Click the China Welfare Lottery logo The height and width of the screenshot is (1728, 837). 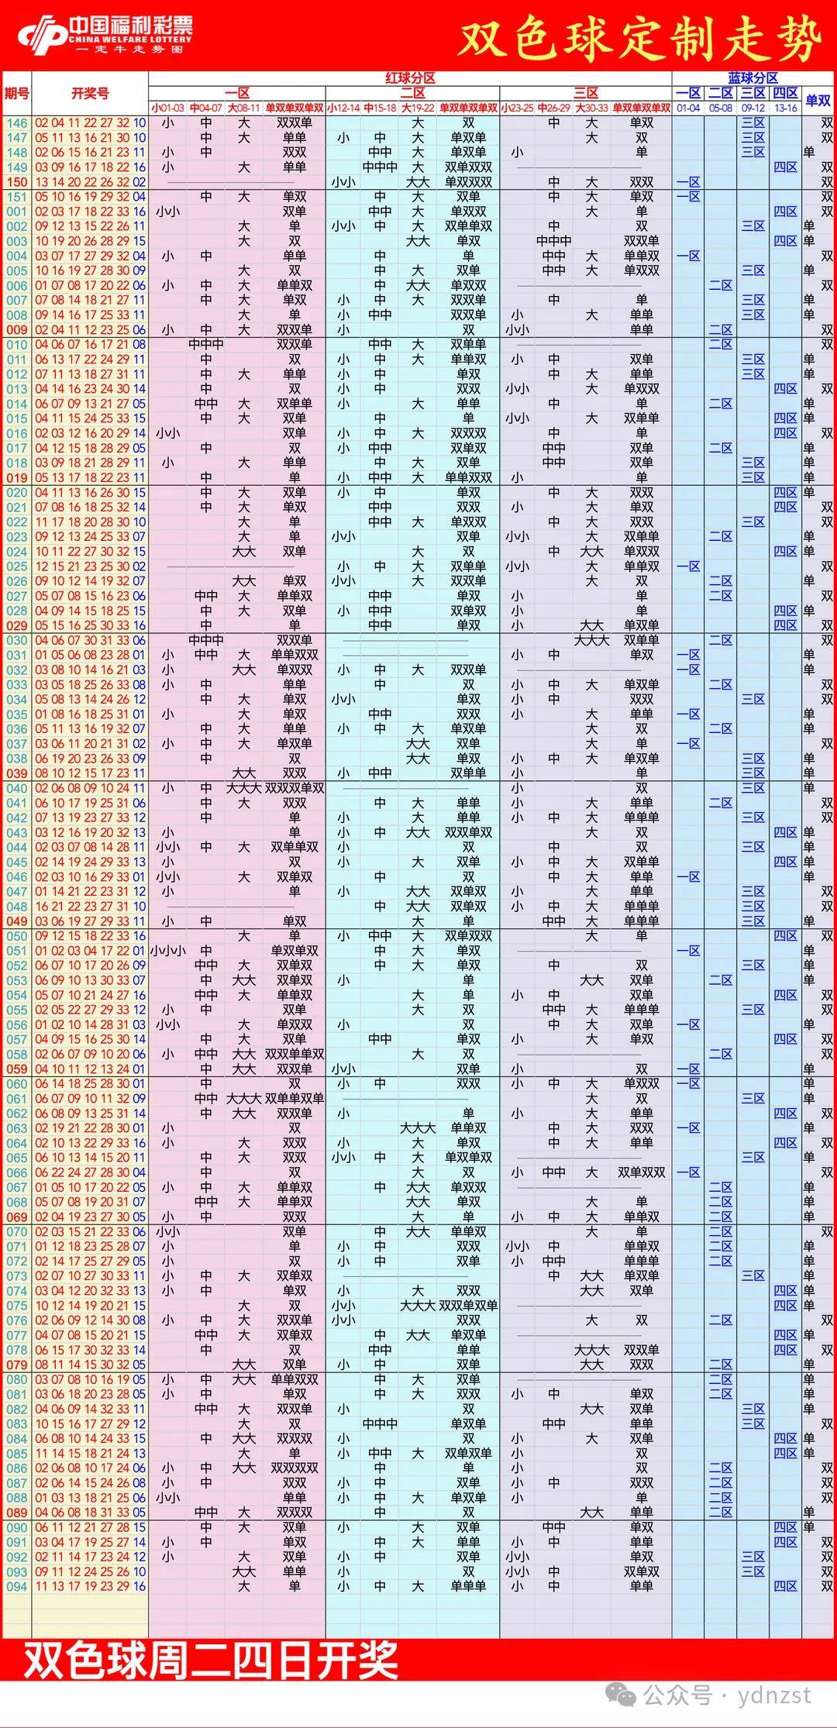(x=105, y=34)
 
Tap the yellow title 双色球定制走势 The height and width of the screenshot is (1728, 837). (x=639, y=40)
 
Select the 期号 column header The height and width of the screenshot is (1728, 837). (x=16, y=93)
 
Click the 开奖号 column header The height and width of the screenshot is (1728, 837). (x=90, y=93)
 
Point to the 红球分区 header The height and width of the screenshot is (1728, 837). (x=410, y=77)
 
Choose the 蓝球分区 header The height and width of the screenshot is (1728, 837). (x=753, y=77)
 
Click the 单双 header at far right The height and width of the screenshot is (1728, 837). (x=818, y=100)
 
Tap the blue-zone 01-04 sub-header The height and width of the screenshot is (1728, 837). (x=688, y=108)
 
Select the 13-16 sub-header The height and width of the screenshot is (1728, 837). (x=785, y=108)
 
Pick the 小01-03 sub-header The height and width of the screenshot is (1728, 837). (x=167, y=108)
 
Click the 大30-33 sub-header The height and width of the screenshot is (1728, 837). (x=591, y=108)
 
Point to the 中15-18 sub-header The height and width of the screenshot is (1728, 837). (x=380, y=108)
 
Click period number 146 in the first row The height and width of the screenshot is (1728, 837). (x=16, y=122)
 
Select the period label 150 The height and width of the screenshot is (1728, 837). (x=16, y=182)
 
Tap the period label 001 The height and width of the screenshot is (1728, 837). (x=16, y=212)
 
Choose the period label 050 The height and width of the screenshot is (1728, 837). (x=16, y=936)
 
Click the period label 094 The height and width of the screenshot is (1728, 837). (x=16, y=1586)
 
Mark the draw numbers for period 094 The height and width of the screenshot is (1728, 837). (x=90, y=1586)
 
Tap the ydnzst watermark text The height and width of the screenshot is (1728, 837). (x=774, y=1696)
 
